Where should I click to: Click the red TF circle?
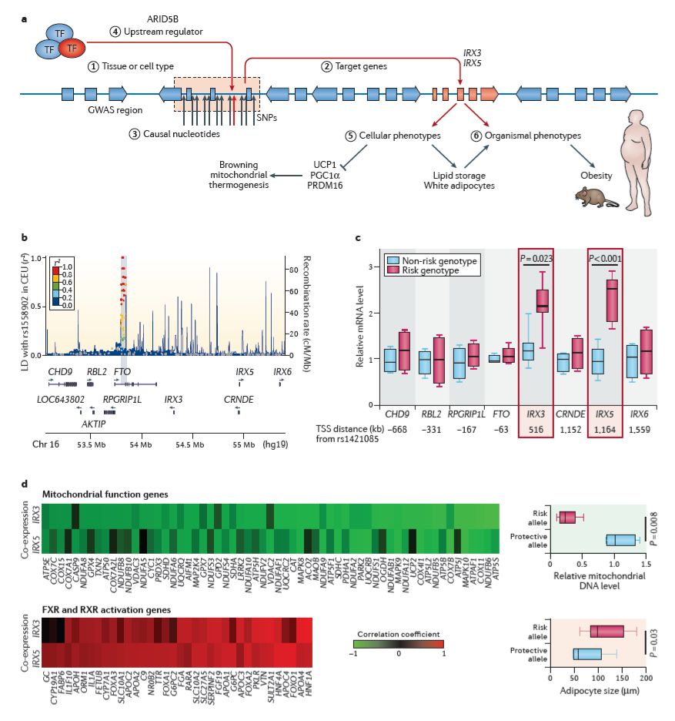[x=70, y=49]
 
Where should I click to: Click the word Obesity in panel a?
[x=597, y=174]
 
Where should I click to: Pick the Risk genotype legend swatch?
[x=393, y=270]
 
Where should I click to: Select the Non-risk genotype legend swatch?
[x=393, y=261]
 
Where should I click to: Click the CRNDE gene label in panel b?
[x=239, y=399]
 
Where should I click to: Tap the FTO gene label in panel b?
[x=122, y=371]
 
